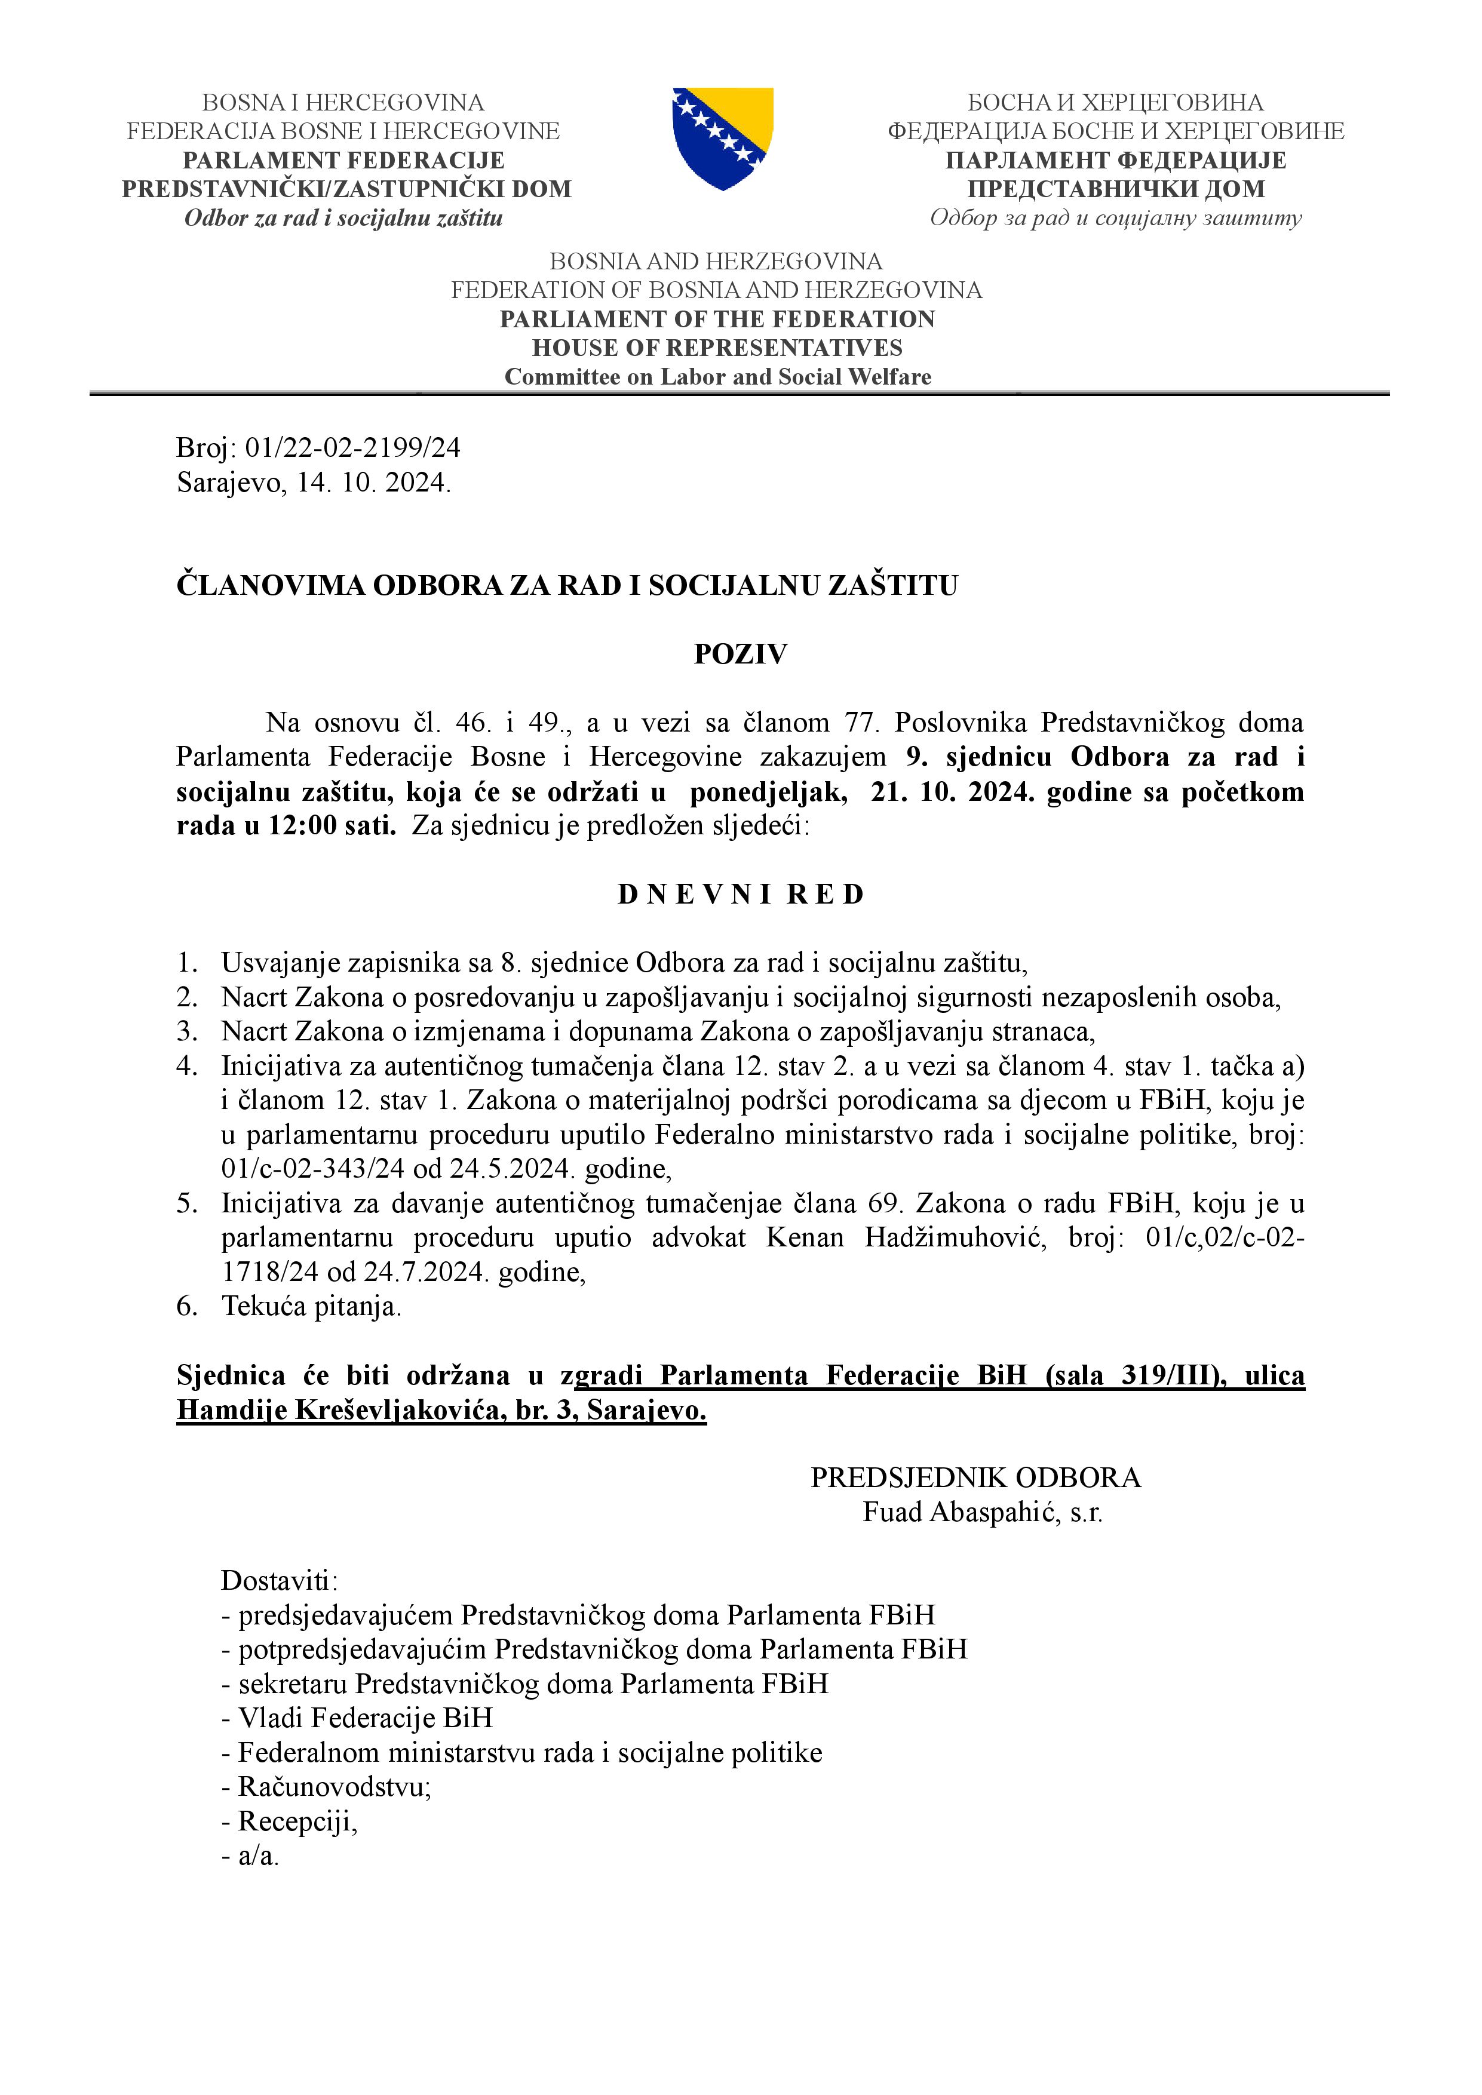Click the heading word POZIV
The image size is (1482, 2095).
point(740,654)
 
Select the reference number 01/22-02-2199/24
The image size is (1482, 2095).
point(353,447)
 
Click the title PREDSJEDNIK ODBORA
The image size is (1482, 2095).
point(975,1478)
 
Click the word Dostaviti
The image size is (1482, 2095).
point(278,1581)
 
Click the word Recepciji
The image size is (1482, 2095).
point(297,1821)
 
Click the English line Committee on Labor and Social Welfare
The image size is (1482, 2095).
point(718,377)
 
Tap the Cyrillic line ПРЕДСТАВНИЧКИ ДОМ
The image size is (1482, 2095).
point(1116,189)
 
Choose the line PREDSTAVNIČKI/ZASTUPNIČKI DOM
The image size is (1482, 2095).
point(347,189)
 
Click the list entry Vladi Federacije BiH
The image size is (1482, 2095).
point(365,1718)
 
